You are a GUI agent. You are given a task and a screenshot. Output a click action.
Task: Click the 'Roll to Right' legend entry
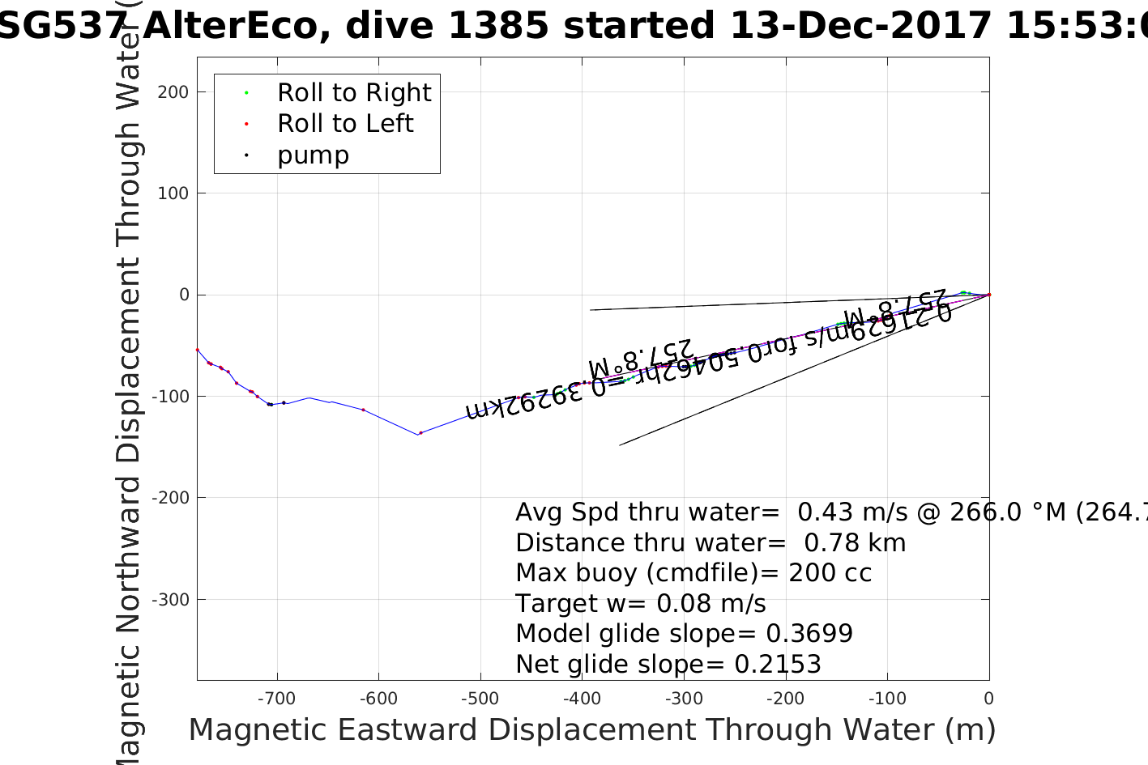click(x=353, y=93)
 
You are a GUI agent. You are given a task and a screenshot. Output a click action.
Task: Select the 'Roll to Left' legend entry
click(x=345, y=124)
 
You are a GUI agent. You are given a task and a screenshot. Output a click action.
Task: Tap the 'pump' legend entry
click(x=313, y=155)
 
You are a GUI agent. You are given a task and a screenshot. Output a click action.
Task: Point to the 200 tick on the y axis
click(x=173, y=92)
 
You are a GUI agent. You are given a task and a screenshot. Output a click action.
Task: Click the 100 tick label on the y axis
click(x=173, y=193)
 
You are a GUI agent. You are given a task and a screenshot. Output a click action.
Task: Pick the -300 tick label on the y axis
click(x=170, y=600)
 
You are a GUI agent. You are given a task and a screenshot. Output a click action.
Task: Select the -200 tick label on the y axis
click(x=170, y=498)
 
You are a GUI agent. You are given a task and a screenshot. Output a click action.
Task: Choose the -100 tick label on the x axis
click(x=886, y=699)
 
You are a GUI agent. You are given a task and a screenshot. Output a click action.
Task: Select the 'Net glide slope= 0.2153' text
click(x=668, y=665)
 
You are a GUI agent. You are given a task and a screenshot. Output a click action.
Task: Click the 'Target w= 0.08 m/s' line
click(x=640, y=604)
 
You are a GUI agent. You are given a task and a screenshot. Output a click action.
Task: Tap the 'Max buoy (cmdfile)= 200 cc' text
click(x=693, y=573)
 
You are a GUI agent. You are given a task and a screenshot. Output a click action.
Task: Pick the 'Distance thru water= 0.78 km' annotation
click(x=711, y=543)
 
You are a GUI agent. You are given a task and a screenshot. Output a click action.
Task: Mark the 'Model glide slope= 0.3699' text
click(x=684, y=634)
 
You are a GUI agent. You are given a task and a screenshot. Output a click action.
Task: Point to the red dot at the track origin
click(x=988, y=295)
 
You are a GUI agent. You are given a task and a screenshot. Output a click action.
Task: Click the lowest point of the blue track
click(x=419, y=435)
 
